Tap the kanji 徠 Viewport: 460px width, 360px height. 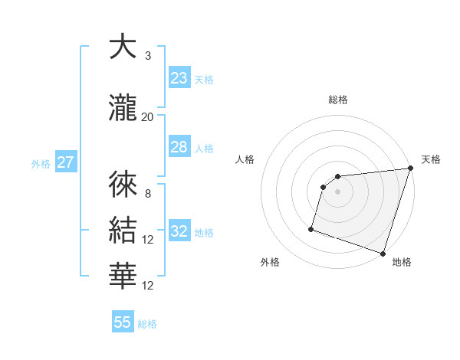click(x=123, y=184)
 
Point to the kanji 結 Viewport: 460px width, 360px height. click(x=123, y=231)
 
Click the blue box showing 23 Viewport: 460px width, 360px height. click(x=179, y=78)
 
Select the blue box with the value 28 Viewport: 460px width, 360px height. click(x=179, y=148)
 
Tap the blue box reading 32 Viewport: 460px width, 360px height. click(x=179, y=232)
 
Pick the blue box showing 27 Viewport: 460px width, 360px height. click(x=65, y=162)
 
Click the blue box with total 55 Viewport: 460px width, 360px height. click(x=123, y=322)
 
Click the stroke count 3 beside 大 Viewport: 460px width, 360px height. click(x=147, y=56)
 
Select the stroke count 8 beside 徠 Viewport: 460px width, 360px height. click(x=147, y=194)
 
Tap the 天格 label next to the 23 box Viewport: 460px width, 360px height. click(x=203, y=80)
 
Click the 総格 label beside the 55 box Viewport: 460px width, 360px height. click(x=147, y=324)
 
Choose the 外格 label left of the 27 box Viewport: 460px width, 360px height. click(x=41, y=163)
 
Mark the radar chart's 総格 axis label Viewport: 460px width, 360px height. click(x=338, y=100)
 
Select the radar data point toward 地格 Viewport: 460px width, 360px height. click(x=383, y=253)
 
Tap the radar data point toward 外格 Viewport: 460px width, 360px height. click(x=311, y=228)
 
